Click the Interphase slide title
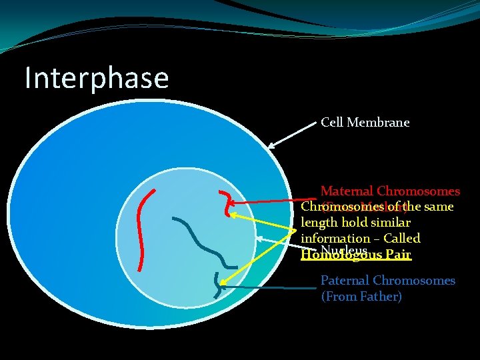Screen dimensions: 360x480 click(x=97, y=78)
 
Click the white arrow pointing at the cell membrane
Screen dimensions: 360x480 click(x=291, y=135)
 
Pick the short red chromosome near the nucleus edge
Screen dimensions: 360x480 click(x=229, y=203)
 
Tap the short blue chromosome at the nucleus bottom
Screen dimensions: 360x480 click(x=217, y=285)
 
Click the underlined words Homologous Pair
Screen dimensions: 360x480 click(x=356, y=255)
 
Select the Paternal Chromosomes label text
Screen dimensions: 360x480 click(x=388, y=281)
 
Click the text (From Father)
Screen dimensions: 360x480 click(x=361, y=297)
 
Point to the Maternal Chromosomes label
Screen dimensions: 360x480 click(x=390, y=191)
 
